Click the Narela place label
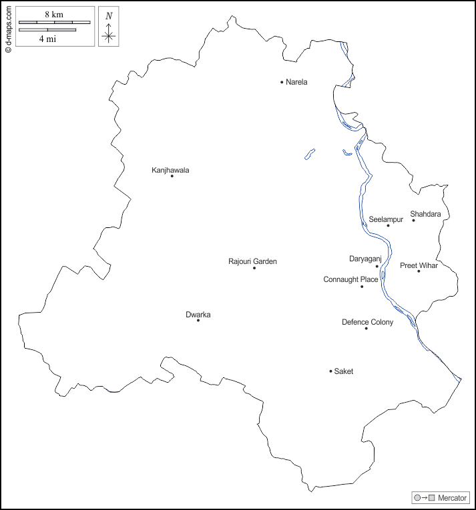[296, 82]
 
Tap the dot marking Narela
[282, 82]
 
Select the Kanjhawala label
[170, 170]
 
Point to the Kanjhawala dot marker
[172, 176]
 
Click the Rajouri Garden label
[252, 261]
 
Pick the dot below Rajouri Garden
[254, 268]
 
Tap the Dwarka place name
[198, 315]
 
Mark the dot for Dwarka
[198, 321]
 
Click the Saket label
[343, 371]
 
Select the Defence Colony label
[367, 322]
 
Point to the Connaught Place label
[350, 279]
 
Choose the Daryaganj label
[365, 259]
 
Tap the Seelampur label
[386, 219]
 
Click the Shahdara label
[425, 214]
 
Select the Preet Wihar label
[419, 265]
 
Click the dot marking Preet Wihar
[419, 271]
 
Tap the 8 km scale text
[54, 14]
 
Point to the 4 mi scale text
[47, 39]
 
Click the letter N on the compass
[109, 15]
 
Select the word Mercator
[452, 498]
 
